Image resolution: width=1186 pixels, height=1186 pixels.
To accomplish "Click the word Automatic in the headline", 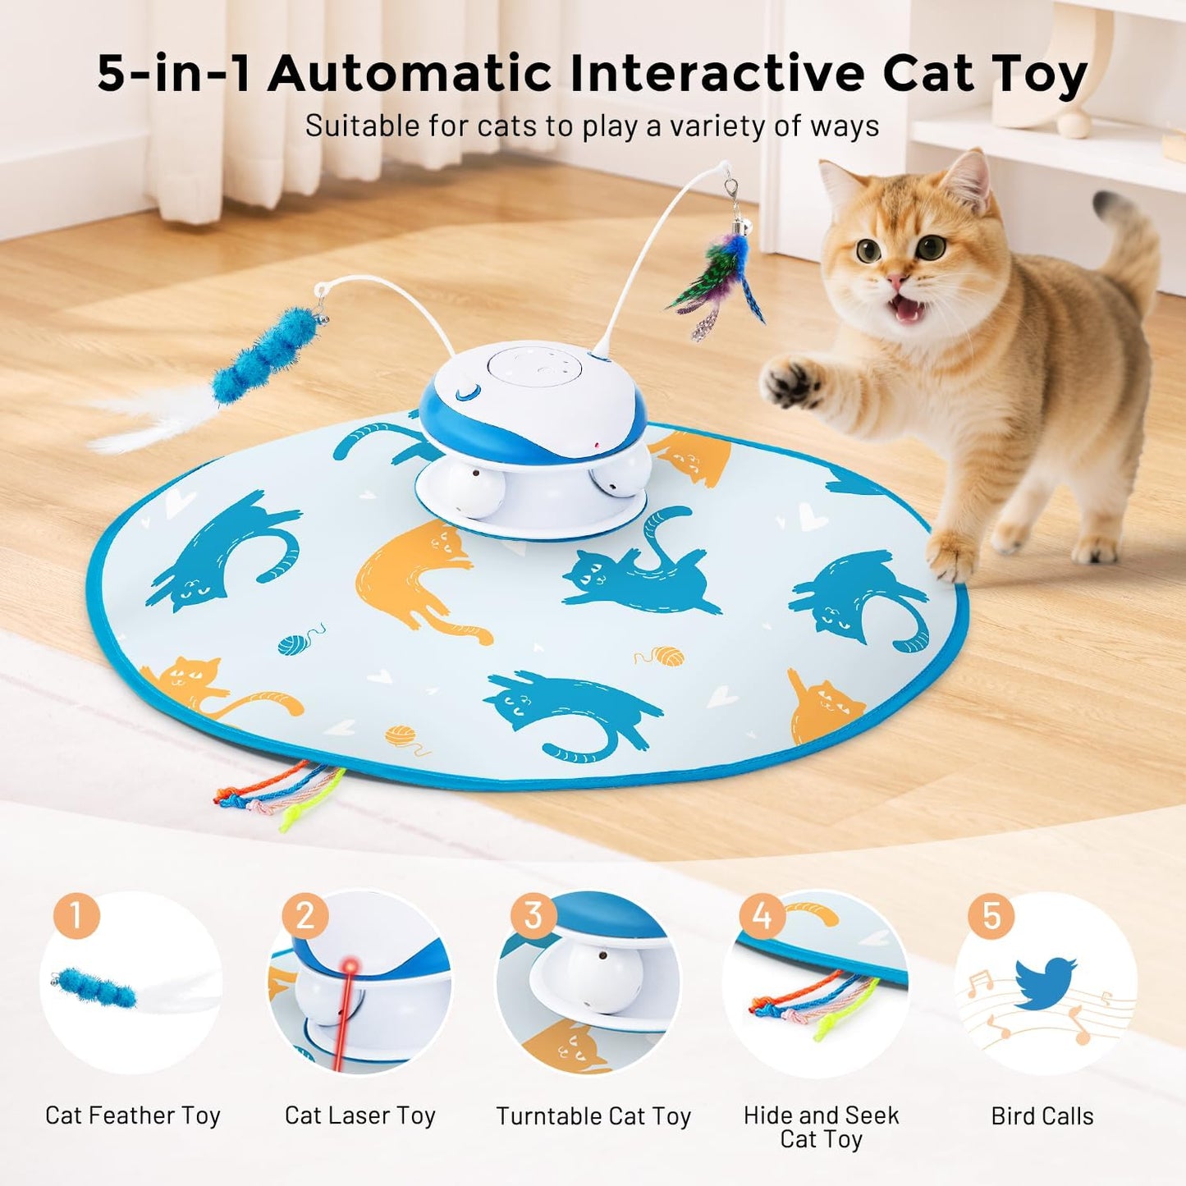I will [410, 74].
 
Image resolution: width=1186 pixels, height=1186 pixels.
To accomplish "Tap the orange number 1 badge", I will [76, 915].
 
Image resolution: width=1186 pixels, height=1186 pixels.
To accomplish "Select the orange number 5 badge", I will [991, 915].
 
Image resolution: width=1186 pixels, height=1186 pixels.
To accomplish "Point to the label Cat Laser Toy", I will [359, 1115].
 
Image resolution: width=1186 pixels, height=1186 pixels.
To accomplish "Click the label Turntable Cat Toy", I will [593, 1116].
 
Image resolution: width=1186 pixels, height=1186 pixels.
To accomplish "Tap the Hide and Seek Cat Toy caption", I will [821, 1127].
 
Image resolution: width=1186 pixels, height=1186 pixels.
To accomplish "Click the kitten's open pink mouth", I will [907, 309].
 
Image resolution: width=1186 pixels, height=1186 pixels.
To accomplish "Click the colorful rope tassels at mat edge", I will [279, 792].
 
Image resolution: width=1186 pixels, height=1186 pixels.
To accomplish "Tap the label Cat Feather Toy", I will [133, 1115].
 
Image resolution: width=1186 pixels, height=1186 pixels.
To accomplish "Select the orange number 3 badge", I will [533, 915].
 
